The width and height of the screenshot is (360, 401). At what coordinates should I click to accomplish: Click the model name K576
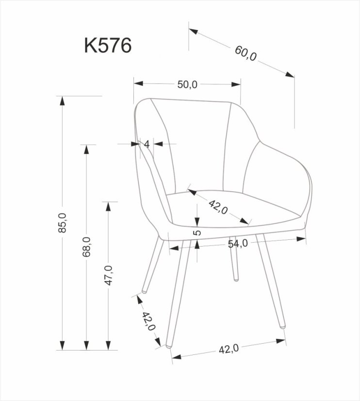coord(108,46)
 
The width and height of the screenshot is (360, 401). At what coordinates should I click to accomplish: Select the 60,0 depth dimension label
coord(246,54)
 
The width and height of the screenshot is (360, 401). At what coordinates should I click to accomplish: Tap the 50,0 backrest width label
coord(187,84)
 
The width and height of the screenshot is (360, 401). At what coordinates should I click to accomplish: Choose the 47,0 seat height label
coord(109,275)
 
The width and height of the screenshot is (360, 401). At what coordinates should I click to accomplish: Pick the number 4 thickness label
coord(146,144)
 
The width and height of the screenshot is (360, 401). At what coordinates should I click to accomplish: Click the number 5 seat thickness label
coord(196,233)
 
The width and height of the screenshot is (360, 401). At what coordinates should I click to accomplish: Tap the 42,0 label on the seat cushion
coord(218,207)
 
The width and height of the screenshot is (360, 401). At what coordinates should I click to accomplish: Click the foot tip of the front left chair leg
coord(168,347)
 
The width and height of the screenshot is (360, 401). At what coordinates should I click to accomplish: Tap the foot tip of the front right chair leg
coord(282,327)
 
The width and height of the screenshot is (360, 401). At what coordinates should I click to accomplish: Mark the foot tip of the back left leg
coord(145,292)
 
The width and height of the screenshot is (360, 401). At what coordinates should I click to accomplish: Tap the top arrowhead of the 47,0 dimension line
coord(109,205)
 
